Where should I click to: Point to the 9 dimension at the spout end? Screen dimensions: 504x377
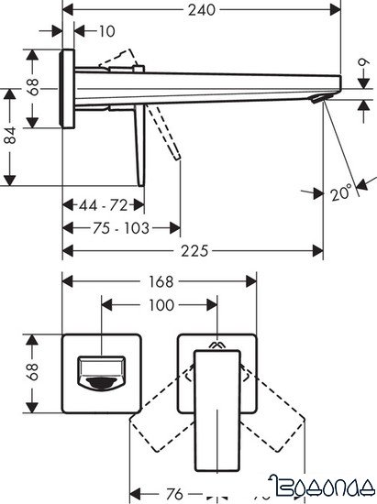(x=364, y=69)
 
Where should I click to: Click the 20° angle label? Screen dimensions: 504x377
(x=340, y=193)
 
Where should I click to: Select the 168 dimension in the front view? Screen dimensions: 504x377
(x=159, y=281)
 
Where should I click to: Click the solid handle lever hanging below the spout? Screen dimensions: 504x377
(x=139, y=142)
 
